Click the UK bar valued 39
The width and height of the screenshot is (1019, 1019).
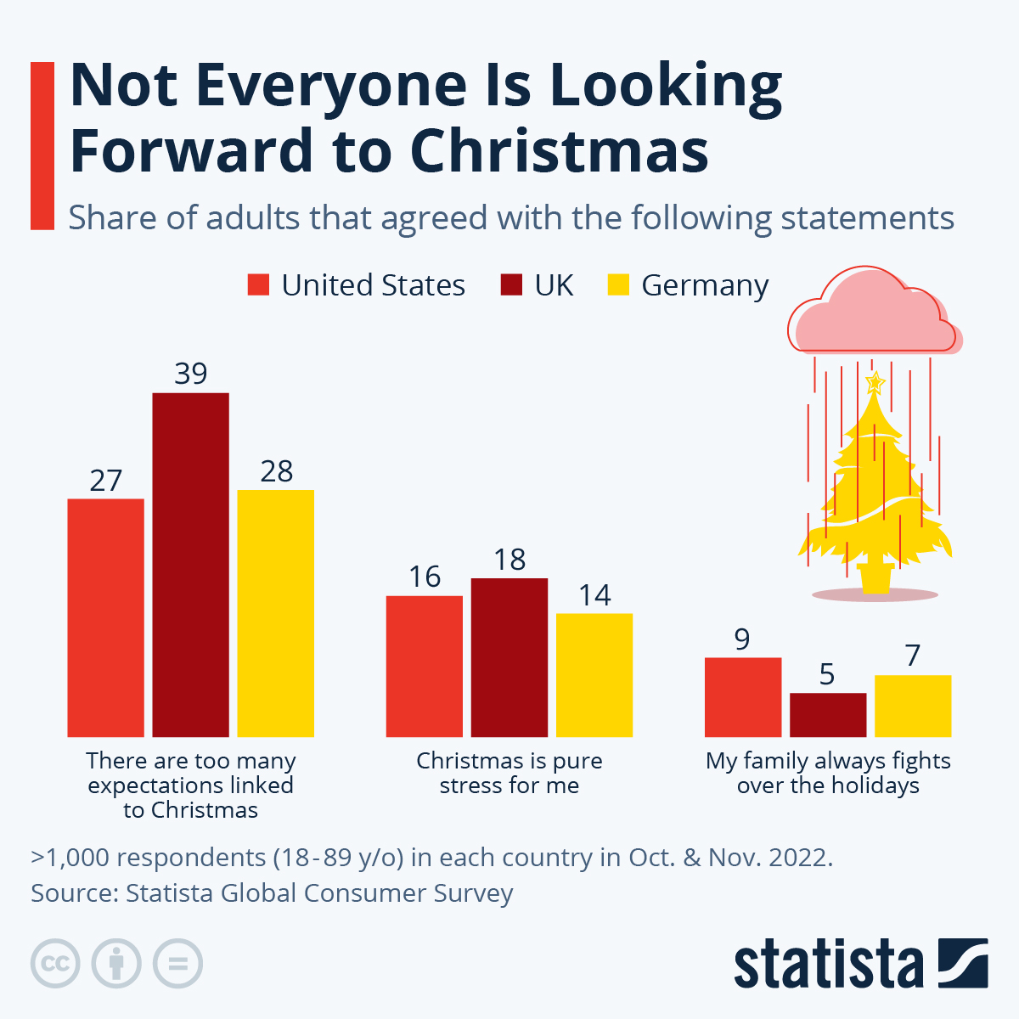(x=190, y=565)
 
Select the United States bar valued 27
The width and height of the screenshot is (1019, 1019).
(x=105, y=617)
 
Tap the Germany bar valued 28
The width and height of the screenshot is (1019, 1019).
(x=275, y=613)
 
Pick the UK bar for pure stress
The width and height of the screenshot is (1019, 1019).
(x=509, y=657)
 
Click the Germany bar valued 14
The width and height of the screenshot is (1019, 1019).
(x=594, y=675)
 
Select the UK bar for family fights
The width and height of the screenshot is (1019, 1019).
(x=828, y=715)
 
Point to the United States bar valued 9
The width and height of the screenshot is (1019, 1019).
(x=743, y=697)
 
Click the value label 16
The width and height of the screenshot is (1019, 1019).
(x=425, y=577)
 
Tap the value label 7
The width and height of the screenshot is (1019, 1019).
(x=913, y=656)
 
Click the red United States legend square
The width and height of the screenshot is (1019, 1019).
(x=258, y=285)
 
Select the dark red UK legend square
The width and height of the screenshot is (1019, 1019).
(x=511, y=285)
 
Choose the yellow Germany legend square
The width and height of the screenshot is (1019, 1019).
(x=618, y=285)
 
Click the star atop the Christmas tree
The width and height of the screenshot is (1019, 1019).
(x=875, y=382)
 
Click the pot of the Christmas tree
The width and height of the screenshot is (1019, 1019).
(x=875, y=577)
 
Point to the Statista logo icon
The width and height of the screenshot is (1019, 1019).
(x=963, y=963)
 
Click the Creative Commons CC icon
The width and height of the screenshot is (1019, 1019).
(x=55, y=964)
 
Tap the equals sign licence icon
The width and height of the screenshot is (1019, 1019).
(x=178, y=964)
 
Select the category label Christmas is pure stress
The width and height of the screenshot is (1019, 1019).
(x=509, y=773)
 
